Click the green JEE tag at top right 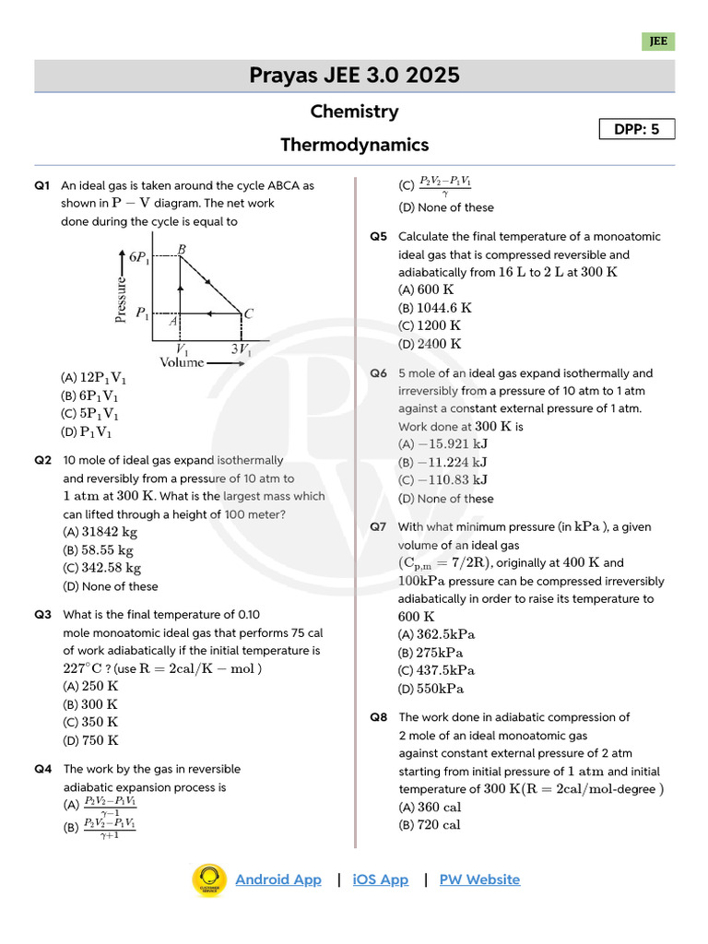pyautogui.click(x=658, y=41)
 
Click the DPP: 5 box pyautogui.click(x=637, y=129)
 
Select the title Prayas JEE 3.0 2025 pyautogui.click(x=354, y=76)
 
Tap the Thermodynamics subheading pyautogui.click(x=354, y=145)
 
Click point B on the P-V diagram pyautogui.click(x=182, y=250)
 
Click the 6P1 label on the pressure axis pyautogui.click(x=140, y=258)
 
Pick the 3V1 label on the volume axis pyautogui.click(x=242, y=351)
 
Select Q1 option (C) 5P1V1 pyautogui.click(x=91, y=414)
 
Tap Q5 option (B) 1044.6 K pyautogui.click(x=435, y=308)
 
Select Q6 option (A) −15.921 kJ pyautogui.click(x=442, y=444)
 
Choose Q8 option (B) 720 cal pyautogui.click(x=430, y=825)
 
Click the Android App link pyautogui.click(x=278, y=879)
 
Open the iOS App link pyautogui.click(x=380, y=879)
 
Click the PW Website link pyautogui.click(x=479, y=879)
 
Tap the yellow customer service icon pyautogui.click(x=209, y=879)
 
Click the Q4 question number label pyautogui.click(x=42, y=769)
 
